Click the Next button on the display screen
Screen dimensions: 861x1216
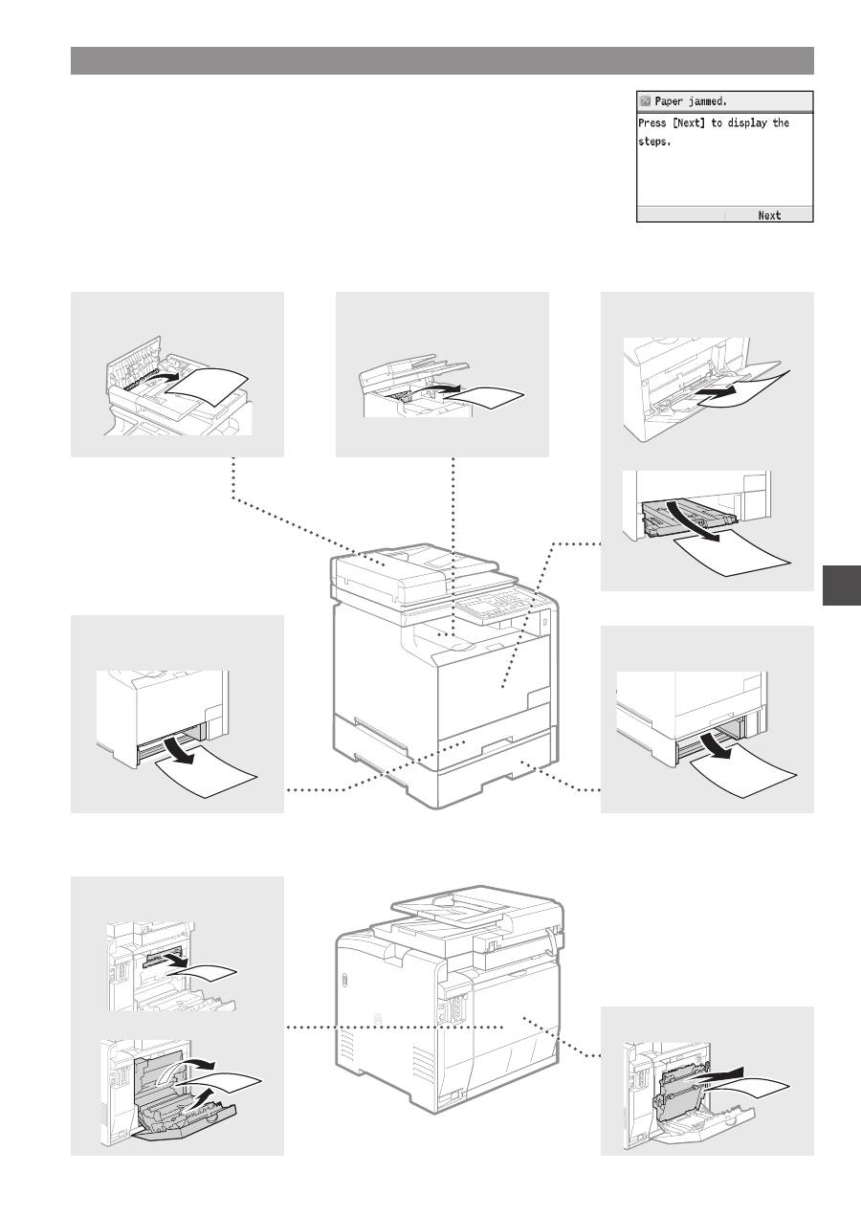tap(769, 215)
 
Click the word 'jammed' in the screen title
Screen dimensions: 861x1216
tap(706, 101)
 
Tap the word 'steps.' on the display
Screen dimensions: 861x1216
tap(654, 142)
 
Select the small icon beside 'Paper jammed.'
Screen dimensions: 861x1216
tap(645, 101)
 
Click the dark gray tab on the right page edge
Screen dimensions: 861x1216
tap(842, 585)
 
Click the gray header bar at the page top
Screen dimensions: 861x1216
tap(442, 60)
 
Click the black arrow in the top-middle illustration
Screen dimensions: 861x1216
tap(442, 388)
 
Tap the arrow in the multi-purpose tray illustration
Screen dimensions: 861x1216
tap(717, 392)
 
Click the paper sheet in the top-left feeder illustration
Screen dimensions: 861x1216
tap(208, 387)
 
